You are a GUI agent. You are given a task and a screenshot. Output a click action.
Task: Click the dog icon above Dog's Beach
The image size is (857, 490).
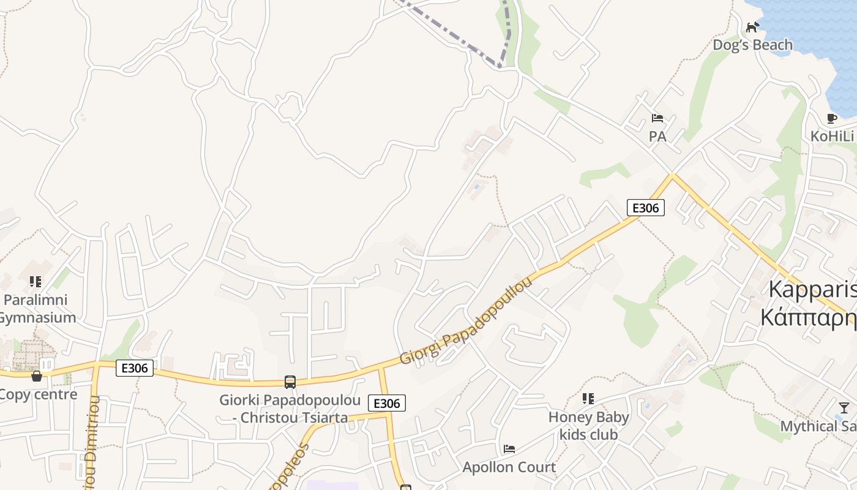click(752, 27)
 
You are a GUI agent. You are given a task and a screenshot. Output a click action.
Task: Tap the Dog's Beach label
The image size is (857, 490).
click(752, 45)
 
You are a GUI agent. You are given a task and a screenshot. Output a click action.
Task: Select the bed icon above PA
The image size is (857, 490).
click(657, 118)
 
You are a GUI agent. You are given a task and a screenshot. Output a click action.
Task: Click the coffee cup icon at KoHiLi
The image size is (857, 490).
click(831, 118)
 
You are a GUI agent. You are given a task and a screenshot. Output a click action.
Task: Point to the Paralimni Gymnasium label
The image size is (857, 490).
click(37, 309)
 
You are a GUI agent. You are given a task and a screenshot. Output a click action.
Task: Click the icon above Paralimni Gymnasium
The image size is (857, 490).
click(36, 282)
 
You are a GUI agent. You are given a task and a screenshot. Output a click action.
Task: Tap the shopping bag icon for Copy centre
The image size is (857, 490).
click(37, 375)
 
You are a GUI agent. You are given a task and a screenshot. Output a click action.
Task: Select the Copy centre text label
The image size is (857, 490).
click(39, 394)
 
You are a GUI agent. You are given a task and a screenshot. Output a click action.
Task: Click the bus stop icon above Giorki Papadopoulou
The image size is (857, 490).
click(290, 382)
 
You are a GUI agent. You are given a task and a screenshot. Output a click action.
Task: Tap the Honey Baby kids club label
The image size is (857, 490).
click(588, 426)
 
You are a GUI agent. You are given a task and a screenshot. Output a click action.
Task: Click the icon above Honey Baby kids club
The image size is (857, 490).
click(588, 399)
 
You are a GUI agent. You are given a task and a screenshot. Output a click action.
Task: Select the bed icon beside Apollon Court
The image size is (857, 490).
click(509, 449)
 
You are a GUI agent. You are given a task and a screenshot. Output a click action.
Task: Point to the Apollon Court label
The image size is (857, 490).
click(509, 467)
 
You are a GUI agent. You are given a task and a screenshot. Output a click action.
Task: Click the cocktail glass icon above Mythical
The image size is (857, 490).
click(844, 407)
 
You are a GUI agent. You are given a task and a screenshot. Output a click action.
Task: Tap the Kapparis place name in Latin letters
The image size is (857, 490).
click(812, 290)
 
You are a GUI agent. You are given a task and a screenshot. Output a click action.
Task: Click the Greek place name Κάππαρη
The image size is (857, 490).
click(808, 317)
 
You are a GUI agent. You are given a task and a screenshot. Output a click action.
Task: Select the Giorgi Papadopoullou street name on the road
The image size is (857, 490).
click(466, 320)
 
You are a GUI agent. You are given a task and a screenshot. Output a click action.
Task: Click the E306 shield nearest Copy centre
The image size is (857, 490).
click(134, 368)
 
